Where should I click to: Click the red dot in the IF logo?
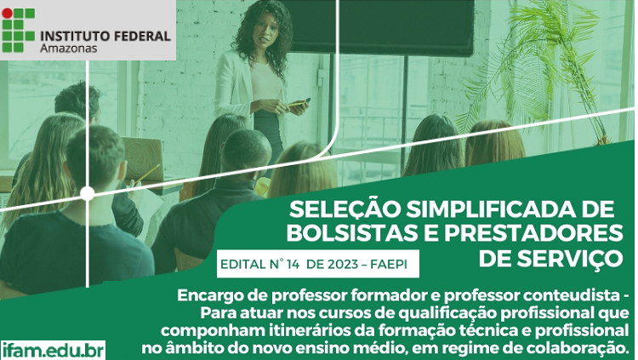[7, 13]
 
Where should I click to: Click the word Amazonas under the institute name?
[68, 49]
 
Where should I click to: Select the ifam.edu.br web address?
[54, 351]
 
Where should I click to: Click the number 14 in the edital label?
[292, 265]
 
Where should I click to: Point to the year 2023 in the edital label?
[342, 265]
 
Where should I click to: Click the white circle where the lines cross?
[87, 193]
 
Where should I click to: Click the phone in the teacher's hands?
[302, 102]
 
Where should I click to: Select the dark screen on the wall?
[380, 27]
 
